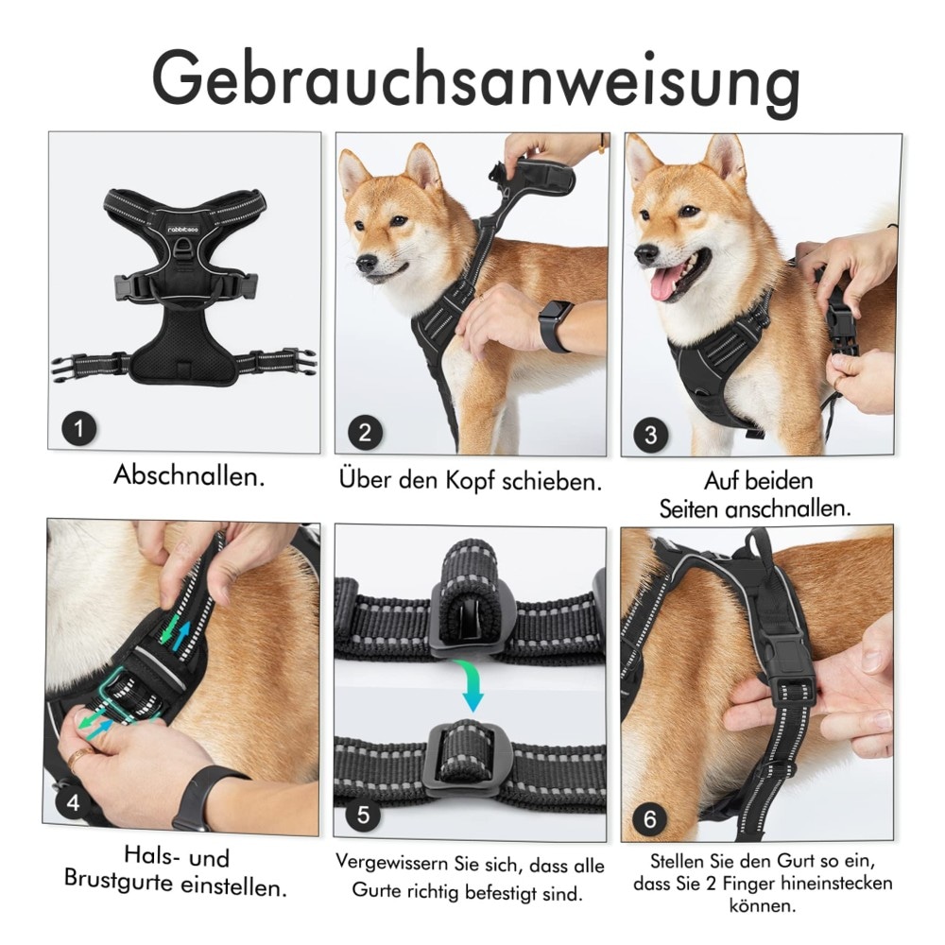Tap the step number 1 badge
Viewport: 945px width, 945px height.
coord(79,428)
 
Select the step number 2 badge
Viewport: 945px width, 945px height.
coord(365,432)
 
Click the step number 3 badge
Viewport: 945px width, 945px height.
coord(651,435)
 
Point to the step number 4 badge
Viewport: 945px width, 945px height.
coord(74,802)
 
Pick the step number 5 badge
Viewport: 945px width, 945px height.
coord(364,815)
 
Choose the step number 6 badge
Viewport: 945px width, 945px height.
coord(650,818)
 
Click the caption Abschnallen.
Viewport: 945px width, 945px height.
coord(189,475)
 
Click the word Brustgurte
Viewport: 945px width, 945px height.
coord(119,881)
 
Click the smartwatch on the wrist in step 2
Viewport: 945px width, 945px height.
coord(554,326)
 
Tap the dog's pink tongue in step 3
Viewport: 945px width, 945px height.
coord(667,283)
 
